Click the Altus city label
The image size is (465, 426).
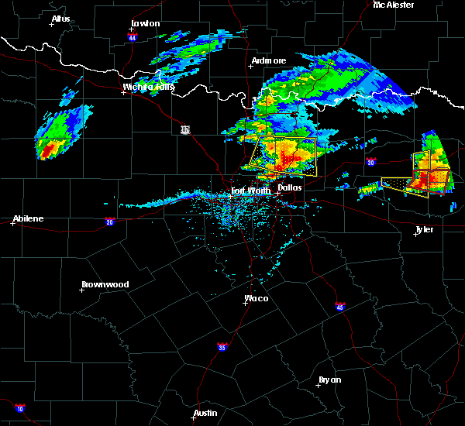pos(60,19)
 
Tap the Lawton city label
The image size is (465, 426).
pos(145,23)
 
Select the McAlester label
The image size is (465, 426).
pos(394,5)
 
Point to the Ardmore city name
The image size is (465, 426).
pos(269,60)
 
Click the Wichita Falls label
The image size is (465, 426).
pos(149,88)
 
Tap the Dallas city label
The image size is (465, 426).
pos(290,187)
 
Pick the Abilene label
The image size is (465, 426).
pos(28,218)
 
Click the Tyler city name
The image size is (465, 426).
pos(424,229)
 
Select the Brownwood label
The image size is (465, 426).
pos(105,284)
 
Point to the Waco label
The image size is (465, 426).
pos(257,298)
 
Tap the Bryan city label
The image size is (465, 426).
pos(329,380)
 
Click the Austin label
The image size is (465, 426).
pos(205,413)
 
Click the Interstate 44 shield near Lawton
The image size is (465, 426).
pos(133,37)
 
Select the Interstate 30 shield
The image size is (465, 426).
pos(370,162)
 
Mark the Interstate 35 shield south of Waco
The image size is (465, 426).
pos(222,345)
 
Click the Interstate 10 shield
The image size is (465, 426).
pos(19,408)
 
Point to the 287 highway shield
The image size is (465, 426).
pos(184,129)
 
